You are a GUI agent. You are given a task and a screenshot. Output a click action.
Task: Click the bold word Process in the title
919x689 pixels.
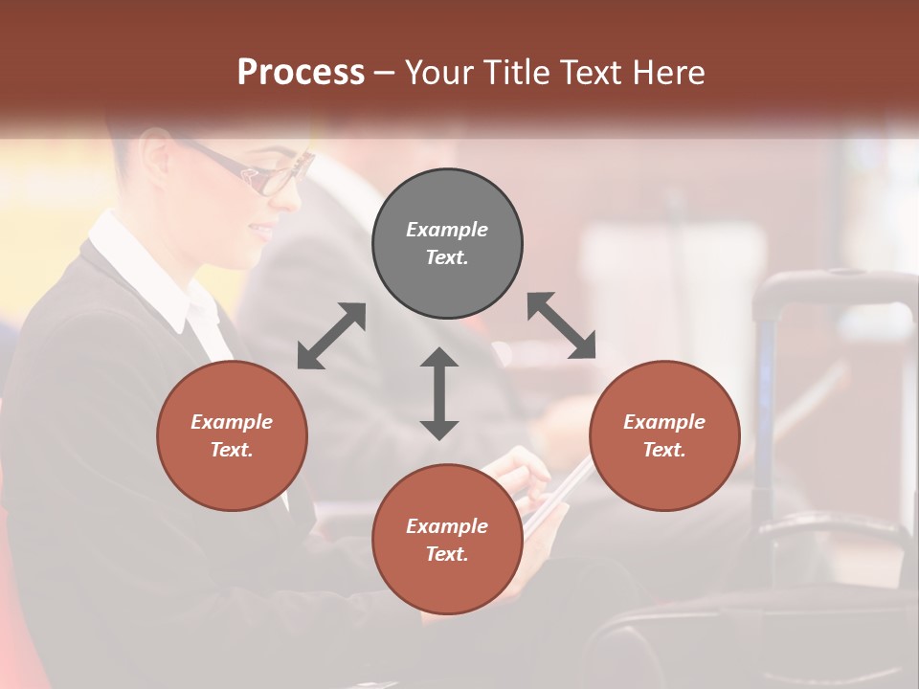301,73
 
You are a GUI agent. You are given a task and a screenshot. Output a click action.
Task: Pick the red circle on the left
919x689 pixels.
232,435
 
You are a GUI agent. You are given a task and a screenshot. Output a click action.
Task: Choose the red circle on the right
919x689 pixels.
664,435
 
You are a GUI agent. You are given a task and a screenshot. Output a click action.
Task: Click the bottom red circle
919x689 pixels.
447,539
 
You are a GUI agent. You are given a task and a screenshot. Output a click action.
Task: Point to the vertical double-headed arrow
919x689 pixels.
439,393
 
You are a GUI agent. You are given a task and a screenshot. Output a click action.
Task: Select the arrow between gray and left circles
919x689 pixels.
331,336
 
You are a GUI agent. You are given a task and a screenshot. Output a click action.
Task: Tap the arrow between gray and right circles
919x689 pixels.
562,325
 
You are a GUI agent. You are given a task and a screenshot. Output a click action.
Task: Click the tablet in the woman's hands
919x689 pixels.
555,493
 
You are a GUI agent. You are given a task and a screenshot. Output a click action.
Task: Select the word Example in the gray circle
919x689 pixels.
447,230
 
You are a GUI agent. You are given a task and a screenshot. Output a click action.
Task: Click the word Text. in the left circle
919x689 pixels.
232,450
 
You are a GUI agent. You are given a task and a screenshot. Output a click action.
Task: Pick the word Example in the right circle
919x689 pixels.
664,422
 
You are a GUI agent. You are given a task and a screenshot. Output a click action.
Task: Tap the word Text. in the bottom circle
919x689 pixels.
447,554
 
